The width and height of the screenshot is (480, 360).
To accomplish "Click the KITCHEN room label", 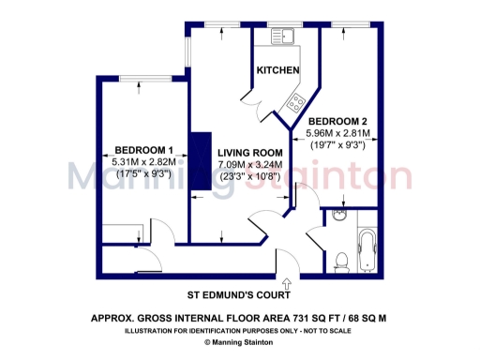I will coord(278,71).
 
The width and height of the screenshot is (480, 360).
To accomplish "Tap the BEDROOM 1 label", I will coord(143,150).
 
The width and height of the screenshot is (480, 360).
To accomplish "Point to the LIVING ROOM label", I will coord(250,153).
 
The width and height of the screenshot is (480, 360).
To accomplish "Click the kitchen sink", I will coord(284,35).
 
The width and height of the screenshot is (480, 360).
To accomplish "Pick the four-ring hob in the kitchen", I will coord(297,102).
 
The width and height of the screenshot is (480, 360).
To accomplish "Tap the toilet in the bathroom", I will coord(344,255).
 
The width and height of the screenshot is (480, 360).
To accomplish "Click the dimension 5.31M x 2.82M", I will coord(142,161).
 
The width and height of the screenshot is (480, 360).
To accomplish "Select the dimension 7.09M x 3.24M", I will coord(249,165).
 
